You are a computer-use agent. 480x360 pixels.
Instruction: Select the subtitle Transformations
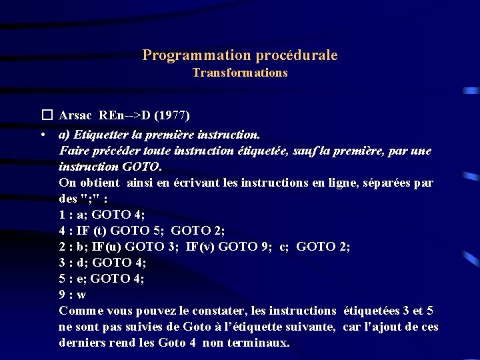[240, 73]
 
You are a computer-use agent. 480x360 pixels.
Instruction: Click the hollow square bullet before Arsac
[46, 115]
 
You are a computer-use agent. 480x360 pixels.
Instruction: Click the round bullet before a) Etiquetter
[43, 134]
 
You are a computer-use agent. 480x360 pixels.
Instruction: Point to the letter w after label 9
[81, 295]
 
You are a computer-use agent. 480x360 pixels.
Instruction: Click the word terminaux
[258, 343]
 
